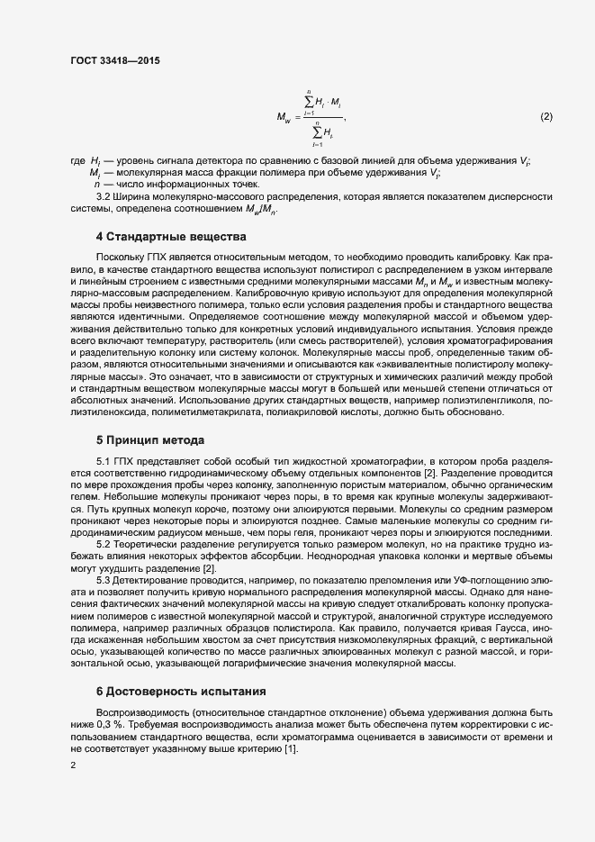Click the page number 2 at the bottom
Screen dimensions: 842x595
pos(72,765)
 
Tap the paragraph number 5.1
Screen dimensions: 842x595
pos(104,462)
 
